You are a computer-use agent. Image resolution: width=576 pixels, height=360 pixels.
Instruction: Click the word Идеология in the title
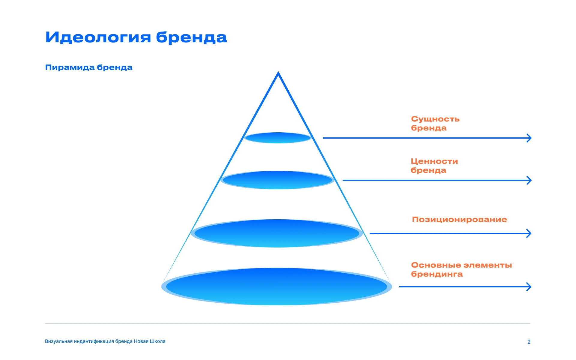97,37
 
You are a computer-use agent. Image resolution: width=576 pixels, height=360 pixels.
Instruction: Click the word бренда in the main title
191,37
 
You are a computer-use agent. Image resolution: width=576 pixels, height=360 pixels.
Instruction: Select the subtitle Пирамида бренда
88,67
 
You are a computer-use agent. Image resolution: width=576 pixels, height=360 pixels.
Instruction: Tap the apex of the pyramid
278,73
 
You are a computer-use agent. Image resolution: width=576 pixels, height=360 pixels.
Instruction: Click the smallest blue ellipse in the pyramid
278,138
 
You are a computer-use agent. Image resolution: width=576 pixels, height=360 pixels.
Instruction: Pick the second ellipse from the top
277,180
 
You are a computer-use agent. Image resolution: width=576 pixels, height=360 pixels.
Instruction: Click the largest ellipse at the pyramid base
277,286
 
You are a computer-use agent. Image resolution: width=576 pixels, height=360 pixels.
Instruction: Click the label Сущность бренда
435,123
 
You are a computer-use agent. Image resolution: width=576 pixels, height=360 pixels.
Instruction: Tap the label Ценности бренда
434,166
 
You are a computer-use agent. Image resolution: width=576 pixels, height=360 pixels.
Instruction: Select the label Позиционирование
459,219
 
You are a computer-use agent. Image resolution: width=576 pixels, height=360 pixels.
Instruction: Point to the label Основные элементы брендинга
461,269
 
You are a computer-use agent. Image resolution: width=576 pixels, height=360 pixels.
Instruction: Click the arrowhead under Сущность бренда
529,138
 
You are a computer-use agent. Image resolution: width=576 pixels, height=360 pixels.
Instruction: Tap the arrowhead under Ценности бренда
529,180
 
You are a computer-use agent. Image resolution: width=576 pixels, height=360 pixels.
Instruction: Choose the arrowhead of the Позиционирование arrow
529,233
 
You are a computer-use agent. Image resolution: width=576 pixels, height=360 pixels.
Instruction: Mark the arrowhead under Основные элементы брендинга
529,287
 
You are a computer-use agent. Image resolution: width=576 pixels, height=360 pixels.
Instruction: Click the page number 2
529,342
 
